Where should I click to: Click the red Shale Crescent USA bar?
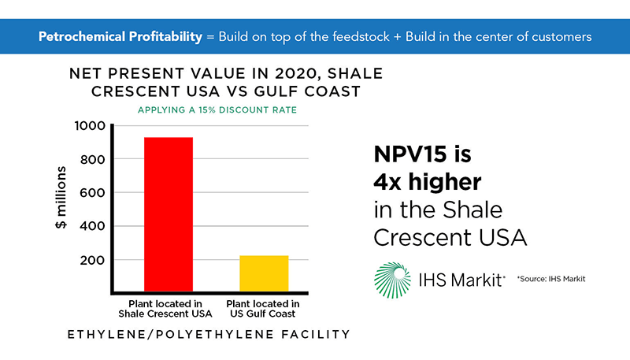[x=169, y=214]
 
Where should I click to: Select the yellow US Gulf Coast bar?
[x=264, y=273]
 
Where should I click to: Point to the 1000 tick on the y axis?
[x=90, y=126]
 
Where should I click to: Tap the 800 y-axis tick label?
[x=92, y=159]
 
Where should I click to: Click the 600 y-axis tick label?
[x=92, y=193]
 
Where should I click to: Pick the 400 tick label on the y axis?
[x=92, y=226]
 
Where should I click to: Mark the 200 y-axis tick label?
[x=92, y=261]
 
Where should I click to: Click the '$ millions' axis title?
[x=61, y=198]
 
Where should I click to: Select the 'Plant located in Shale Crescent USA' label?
[x=165, y=309]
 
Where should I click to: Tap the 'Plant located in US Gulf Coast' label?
[x=263, y=309]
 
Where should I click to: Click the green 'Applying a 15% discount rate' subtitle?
[x=217, y=110]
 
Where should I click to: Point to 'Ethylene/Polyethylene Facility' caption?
[x=209, y=334]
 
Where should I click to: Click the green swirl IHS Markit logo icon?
[x=392, y=280]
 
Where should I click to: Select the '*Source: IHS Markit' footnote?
[x=551, y=279]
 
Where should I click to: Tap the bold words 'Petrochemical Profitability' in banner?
[x=120, y=37]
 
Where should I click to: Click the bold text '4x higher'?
[x=428, y=182]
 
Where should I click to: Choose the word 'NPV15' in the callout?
[x=410, y=154]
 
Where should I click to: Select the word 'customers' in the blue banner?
[x=561, y=37]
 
